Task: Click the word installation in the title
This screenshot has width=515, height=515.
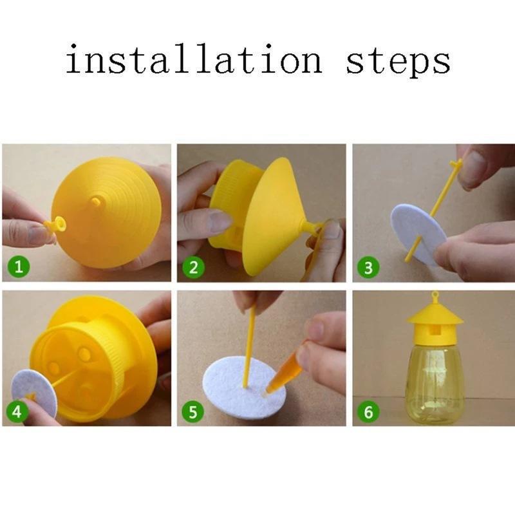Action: click(193, 61)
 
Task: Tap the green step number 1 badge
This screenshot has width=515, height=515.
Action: click(19, 267)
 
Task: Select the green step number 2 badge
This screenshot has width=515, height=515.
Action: click(193, 267)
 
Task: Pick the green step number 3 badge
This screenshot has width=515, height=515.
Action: click(368, 267)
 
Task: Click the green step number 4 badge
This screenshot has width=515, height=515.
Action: click(19, 411)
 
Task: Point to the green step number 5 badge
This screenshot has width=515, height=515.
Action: click(193, 411)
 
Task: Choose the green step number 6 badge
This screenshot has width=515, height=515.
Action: click(368, 411)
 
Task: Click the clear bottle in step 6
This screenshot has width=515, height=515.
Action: click(434, 380)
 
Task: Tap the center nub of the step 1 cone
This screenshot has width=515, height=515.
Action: click(96, 201)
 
